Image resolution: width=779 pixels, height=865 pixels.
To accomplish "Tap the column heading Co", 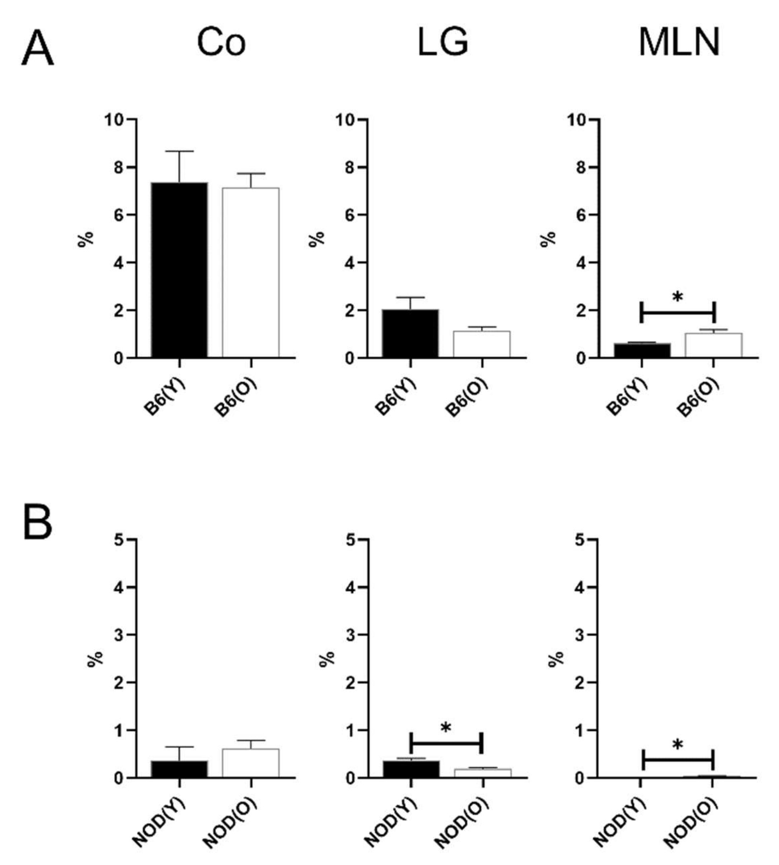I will click(x=221, y=43).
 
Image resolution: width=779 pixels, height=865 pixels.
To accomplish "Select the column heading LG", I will click(x=442, y=43).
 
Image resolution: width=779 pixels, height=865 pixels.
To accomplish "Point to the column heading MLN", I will click(x=679, y=43).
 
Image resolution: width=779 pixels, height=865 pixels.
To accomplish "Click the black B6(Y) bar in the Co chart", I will click(x=179, y=270).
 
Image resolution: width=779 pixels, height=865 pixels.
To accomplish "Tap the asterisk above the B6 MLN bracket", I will click(x=678, y=296).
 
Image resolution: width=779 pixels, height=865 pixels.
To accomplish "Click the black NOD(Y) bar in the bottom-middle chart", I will click(x=411, y=769).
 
